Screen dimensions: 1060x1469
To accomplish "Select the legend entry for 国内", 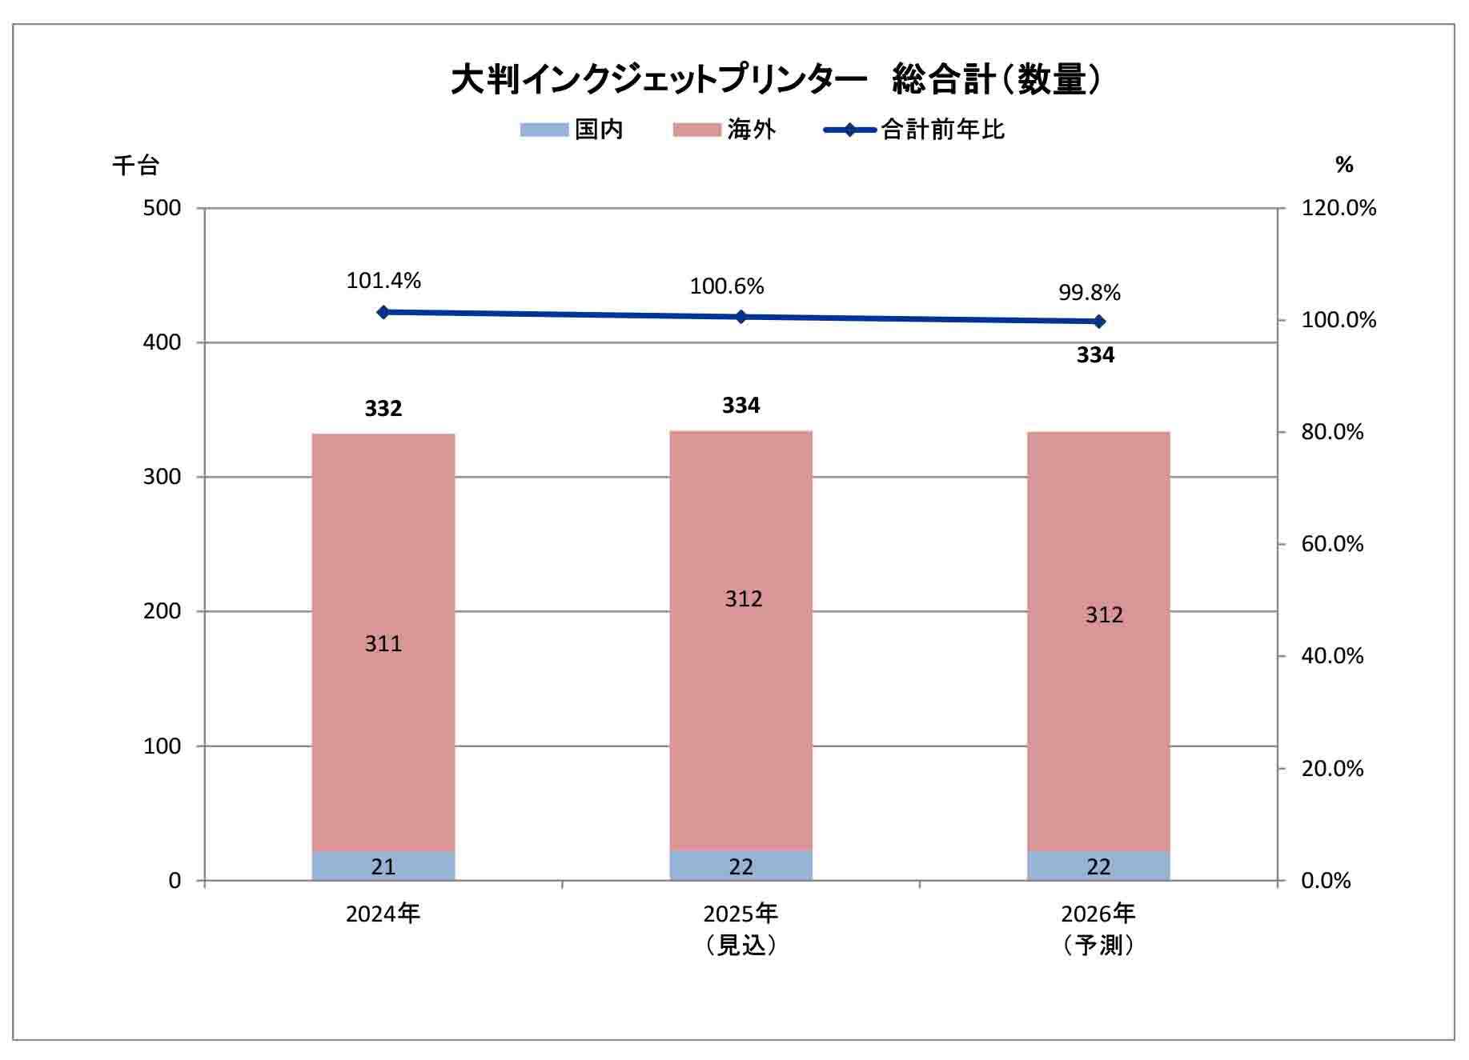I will coord(572,130).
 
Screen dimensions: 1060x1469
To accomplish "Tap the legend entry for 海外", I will coord(724,130).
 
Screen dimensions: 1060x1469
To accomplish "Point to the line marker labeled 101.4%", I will coord(383,312).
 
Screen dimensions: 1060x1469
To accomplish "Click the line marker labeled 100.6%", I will coord(741,317).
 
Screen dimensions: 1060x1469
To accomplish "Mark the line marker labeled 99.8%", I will coord(1099,322).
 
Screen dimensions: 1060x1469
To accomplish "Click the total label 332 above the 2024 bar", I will coord(383,409).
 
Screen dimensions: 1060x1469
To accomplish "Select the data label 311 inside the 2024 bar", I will coord(383,644).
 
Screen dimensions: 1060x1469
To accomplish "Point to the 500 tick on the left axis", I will coord(162,208).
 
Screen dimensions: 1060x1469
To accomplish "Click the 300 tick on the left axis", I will coord(162,477).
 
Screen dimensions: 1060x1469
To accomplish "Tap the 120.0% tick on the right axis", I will coord(1339,208).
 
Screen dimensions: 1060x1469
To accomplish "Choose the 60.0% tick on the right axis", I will coord(1332,544).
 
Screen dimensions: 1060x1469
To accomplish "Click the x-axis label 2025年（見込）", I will coord(741,930).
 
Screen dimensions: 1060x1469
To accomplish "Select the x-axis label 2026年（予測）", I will coord(1098,930).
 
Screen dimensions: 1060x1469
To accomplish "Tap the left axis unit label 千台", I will coord(135,166).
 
